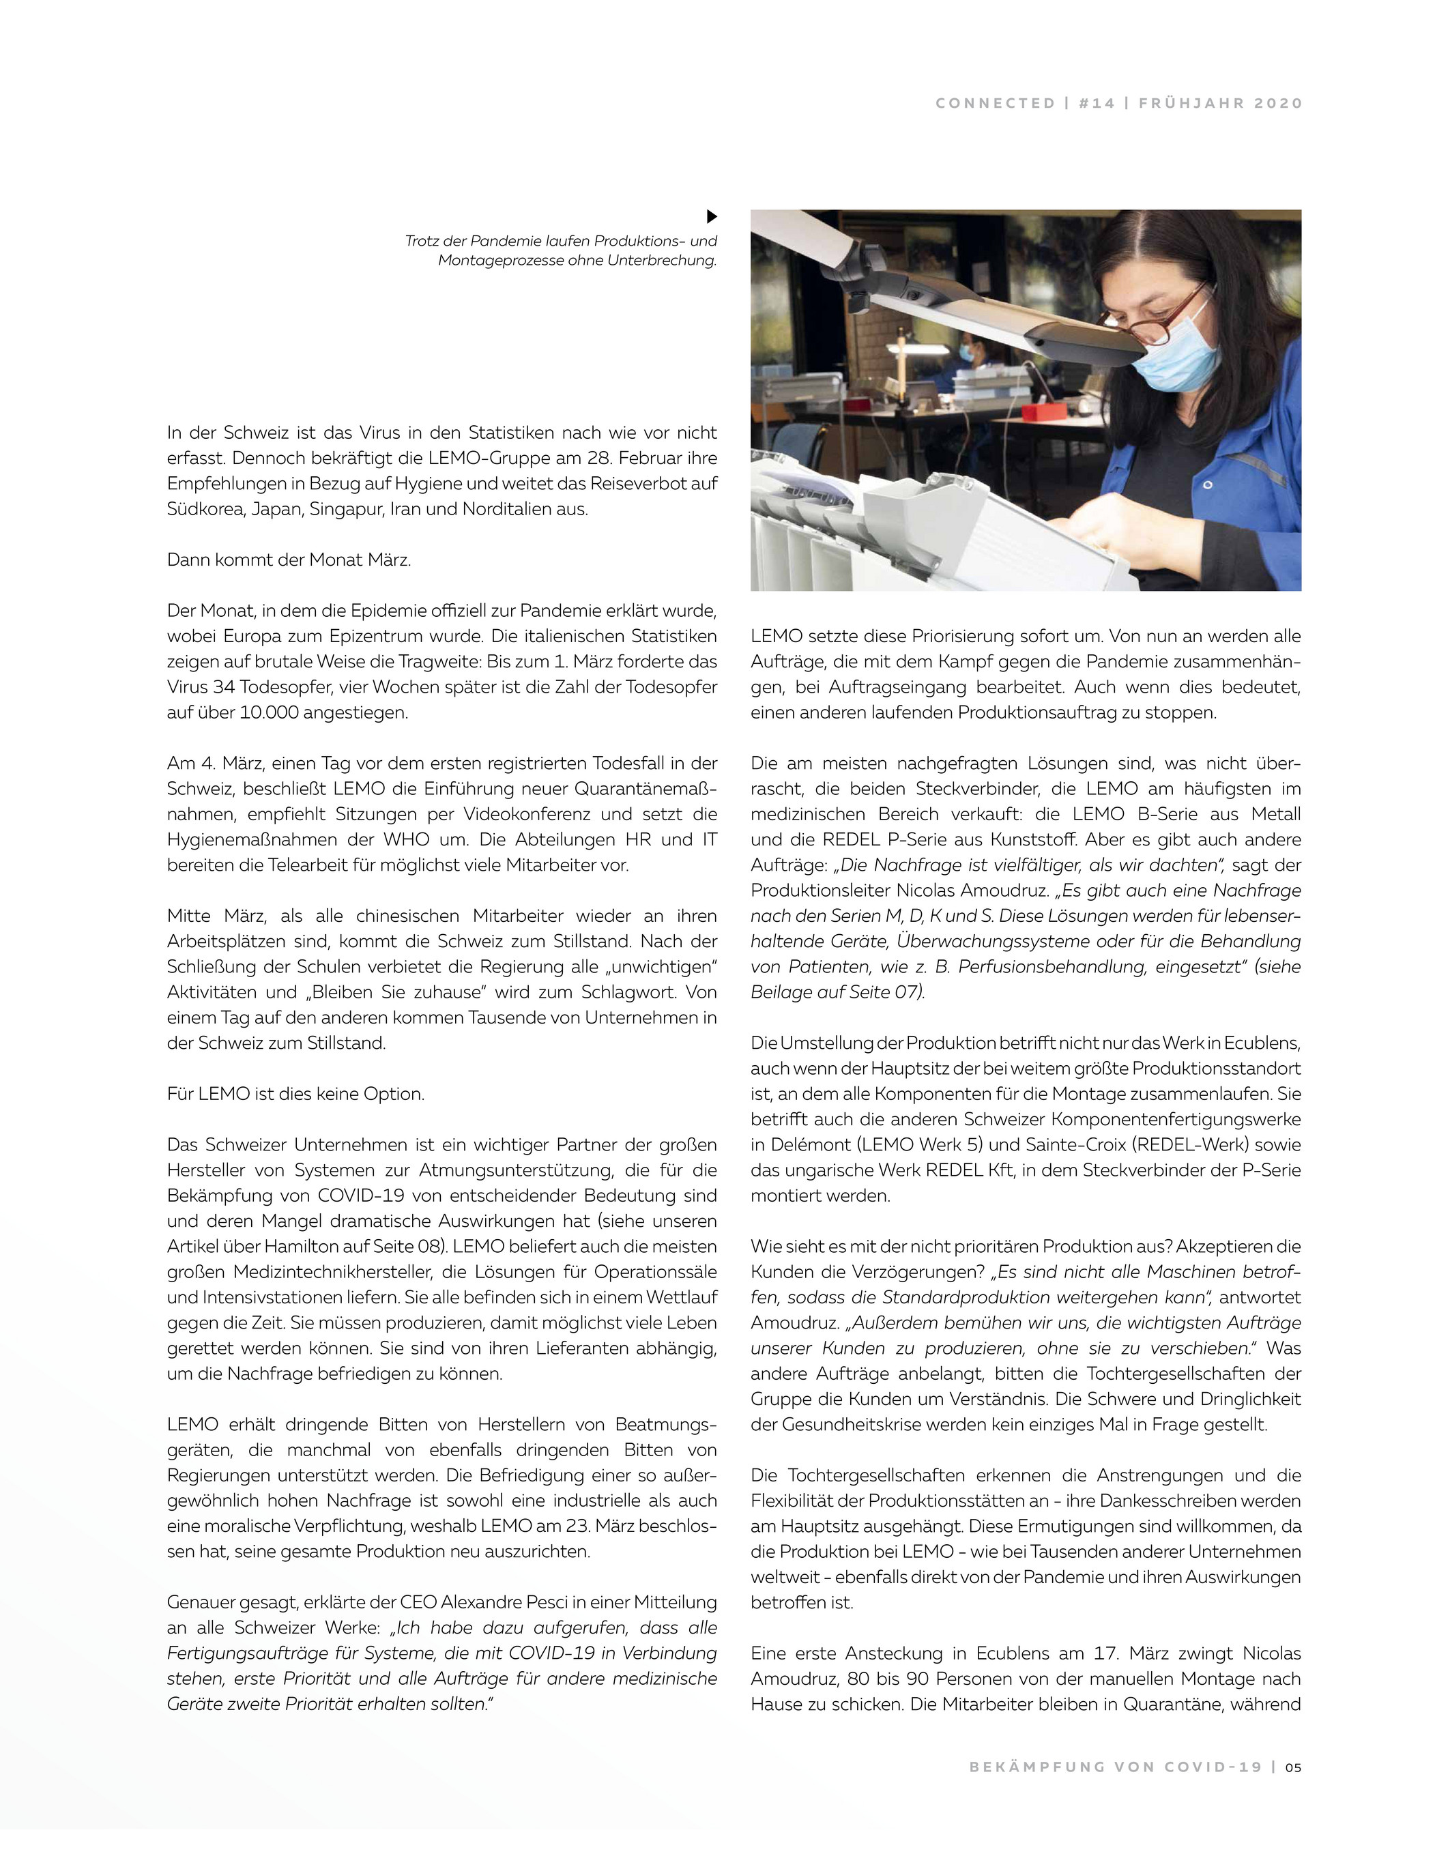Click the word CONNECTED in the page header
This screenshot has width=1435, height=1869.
(x=995, y=103)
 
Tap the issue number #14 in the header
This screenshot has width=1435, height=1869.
(x=1097, y=103)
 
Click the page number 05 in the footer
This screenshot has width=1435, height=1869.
(x=1293, y=1767)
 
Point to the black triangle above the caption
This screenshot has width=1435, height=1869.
(x=712, y=217)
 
